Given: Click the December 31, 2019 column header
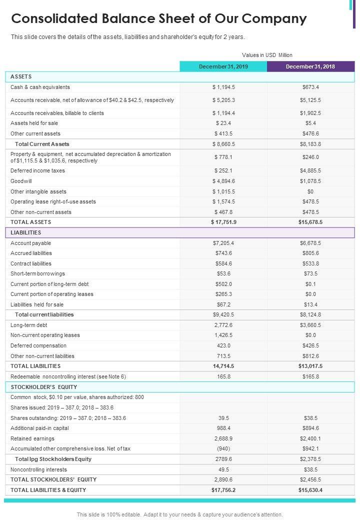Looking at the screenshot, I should click(x=223, y=66).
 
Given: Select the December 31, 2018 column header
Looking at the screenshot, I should click(x=310, y=66).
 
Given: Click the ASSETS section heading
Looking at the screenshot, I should click(x=21, y=76).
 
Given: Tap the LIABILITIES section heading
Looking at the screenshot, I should click(x=26, y=232).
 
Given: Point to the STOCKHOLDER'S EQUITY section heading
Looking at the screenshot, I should click(x=44, y=387).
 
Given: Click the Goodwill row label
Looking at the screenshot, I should click(x=21, y=181).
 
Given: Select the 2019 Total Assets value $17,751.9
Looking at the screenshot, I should click(x=223, y=222).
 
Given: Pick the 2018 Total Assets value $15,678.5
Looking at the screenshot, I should click(x=310, y=222).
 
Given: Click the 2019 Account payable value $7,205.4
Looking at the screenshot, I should click(x=223, y=243).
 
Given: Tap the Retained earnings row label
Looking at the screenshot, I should click(x=33, y=438).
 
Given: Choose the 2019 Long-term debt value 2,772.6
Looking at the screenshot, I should click(x=223, y=325).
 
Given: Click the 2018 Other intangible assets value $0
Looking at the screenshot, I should click(x=310, y=191).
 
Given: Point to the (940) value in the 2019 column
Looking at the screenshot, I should click(x=223, y=448).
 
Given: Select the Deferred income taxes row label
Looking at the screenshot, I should click(x=37, y=170).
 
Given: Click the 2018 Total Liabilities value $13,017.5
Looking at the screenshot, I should click(x=310, y=366).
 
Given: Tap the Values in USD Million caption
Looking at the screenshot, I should click(x=267, y=55).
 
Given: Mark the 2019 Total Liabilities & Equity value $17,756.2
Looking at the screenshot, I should click(x=223, y=490).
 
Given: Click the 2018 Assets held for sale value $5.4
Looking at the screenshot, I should click(x=310, y=123).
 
